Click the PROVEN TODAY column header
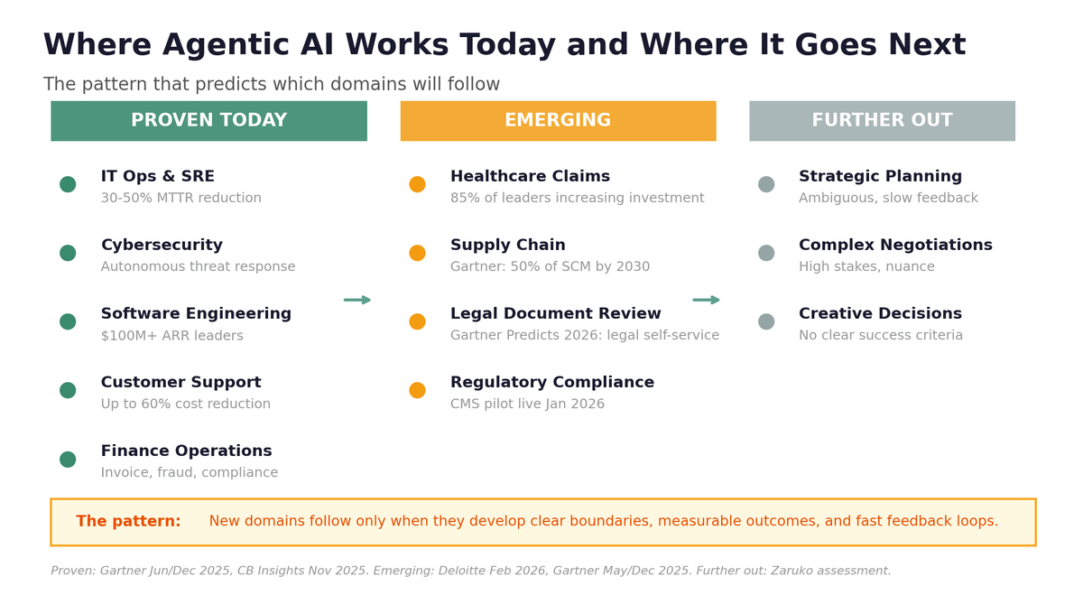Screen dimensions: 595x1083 point(208,121)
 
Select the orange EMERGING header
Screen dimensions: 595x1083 point(558,121)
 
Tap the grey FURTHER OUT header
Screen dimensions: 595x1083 point(882,121)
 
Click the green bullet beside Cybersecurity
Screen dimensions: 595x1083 point(68,253)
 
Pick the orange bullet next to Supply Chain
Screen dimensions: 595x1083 point(417,253)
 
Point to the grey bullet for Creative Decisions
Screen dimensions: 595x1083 point(766,321)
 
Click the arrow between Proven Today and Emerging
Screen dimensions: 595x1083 point(357,300)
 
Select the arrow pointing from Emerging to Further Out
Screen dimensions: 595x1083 point(707,300)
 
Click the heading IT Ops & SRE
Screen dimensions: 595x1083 point(158,177)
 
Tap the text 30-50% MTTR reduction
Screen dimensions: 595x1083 point(181,199)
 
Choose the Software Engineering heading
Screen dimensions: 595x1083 point(196,314)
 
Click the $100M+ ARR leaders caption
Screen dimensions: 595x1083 point(172,336)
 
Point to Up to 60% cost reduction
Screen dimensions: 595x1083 point(186,404)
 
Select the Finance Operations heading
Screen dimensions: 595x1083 point(186,451)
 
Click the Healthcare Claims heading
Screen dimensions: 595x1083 point(530,177)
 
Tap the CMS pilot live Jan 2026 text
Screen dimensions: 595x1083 point(527,404)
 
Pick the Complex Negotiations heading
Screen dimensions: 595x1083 point(895,246)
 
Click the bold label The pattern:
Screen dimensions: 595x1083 point(128,522)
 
